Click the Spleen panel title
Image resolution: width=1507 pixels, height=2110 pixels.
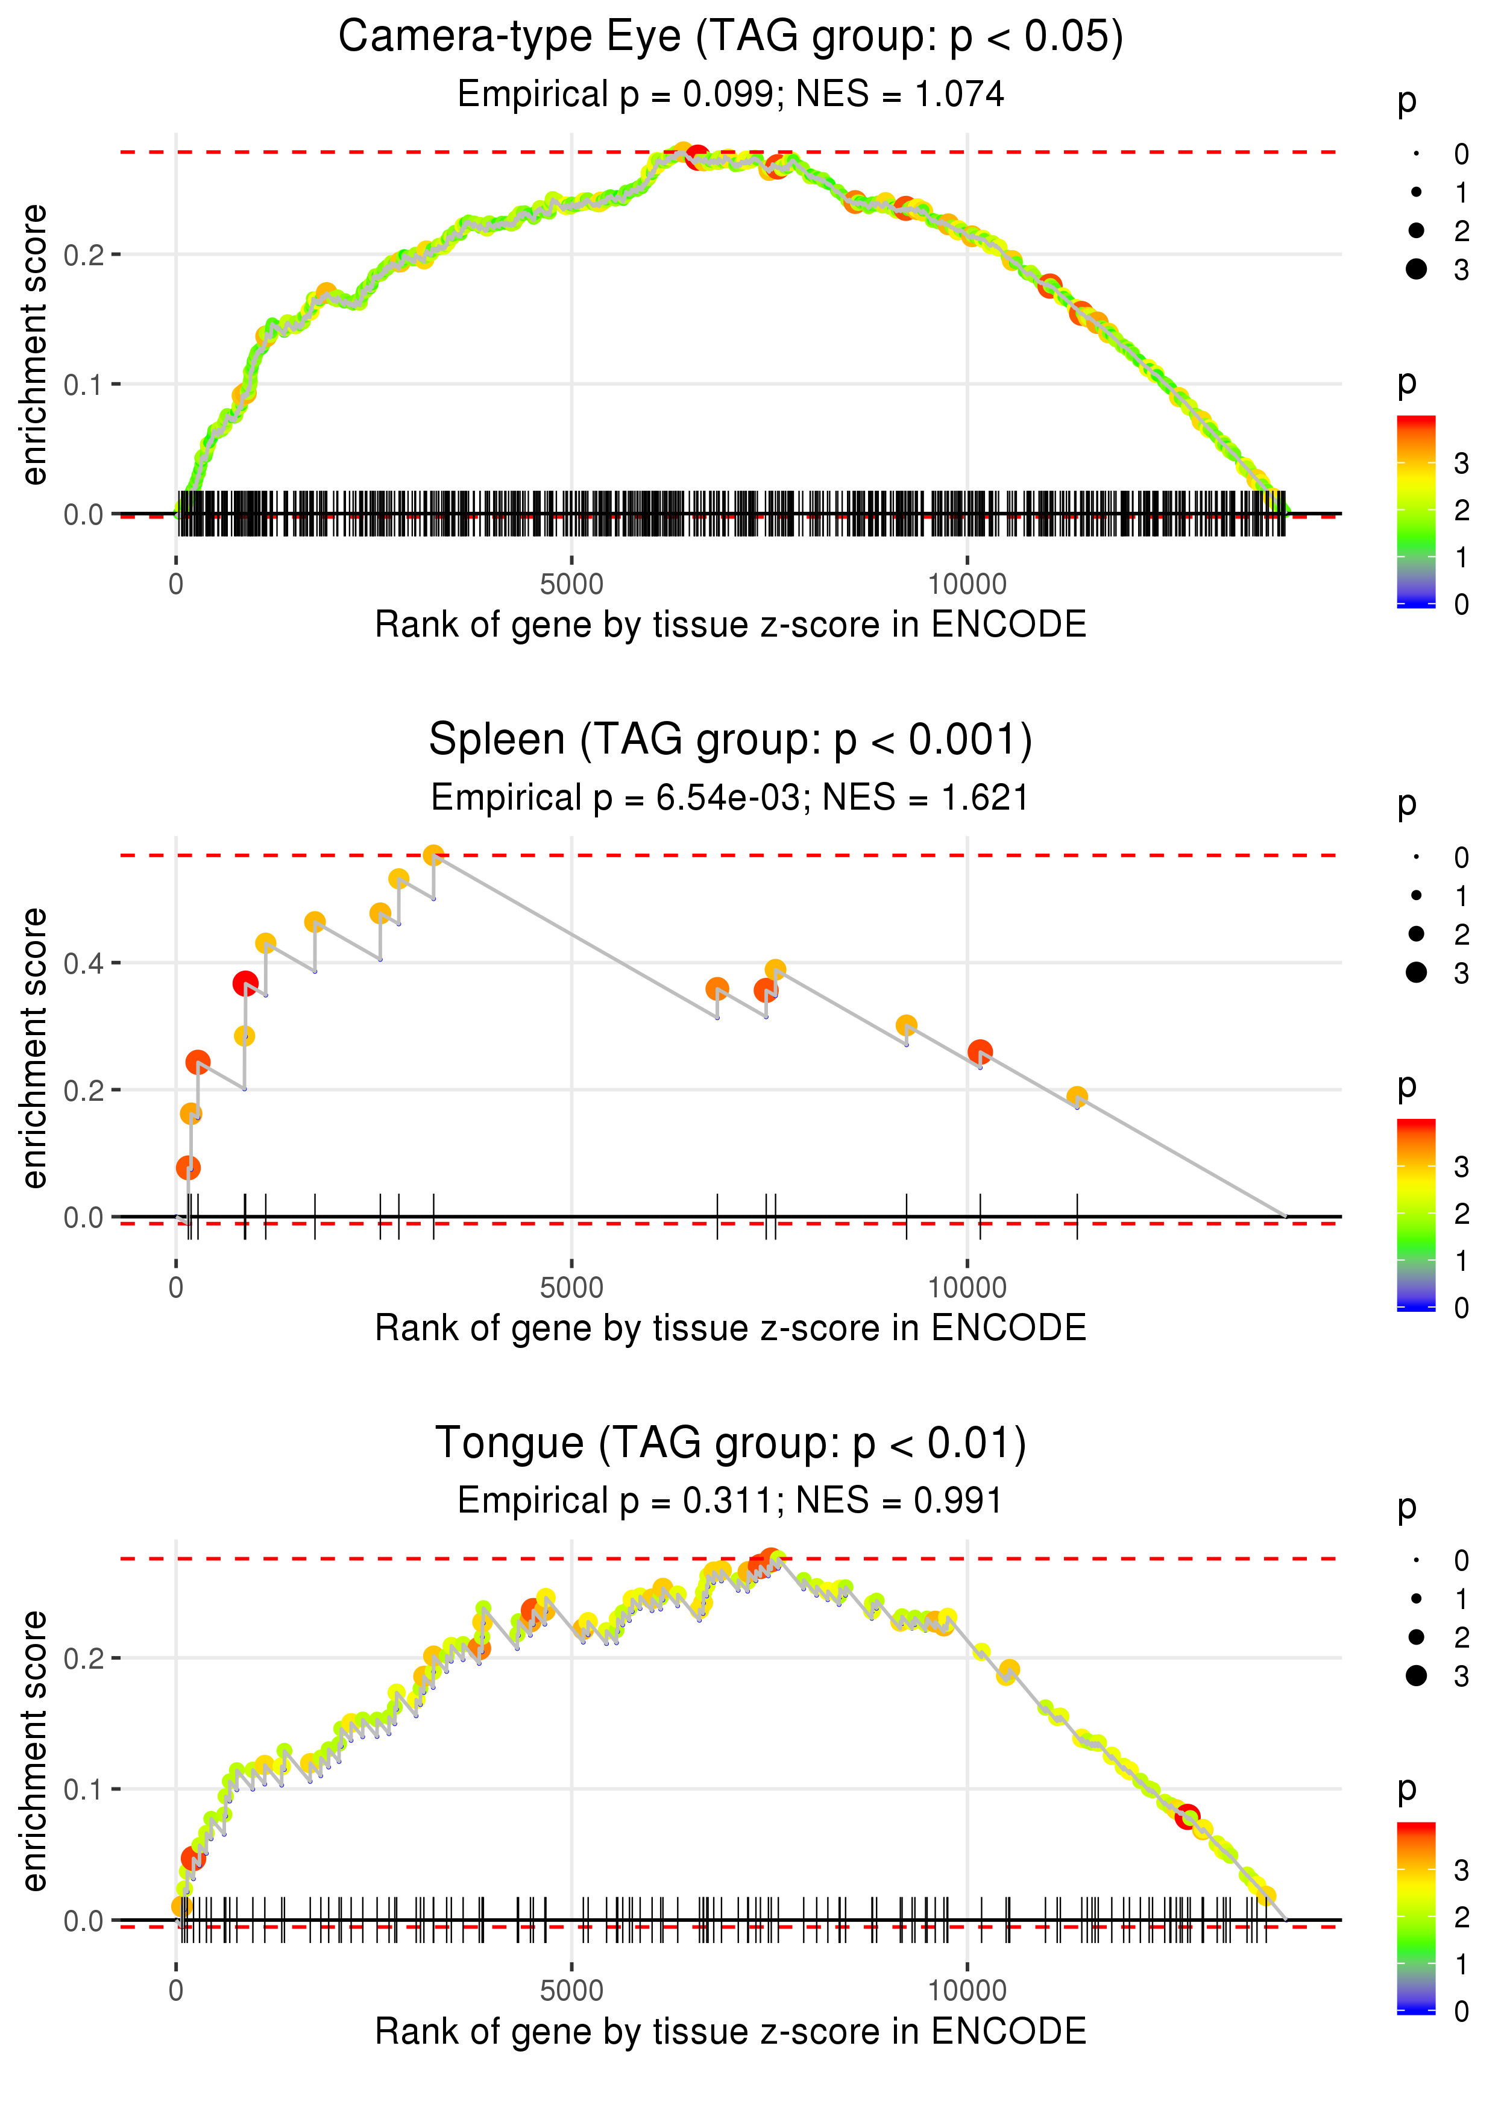(x=731, y=740)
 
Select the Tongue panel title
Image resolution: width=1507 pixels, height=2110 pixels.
(x=731, y=1443)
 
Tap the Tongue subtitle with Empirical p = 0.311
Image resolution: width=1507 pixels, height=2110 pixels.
(x=731, y=1501)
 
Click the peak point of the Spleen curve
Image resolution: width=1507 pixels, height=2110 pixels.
(x=433, y=855)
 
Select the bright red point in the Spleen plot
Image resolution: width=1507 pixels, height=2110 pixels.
(x=245, y=983)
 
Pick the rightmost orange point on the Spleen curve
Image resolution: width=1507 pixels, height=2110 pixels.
(x=1077, y=1097)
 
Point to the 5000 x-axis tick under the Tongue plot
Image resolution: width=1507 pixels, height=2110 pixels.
(x=571, y=1989)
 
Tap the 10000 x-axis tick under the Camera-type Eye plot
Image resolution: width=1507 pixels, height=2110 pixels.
(x=967, y=585)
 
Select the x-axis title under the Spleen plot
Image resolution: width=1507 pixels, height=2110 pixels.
(x=731, y=1328)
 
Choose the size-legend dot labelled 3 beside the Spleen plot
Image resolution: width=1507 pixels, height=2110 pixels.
(x=1416, y=971)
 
